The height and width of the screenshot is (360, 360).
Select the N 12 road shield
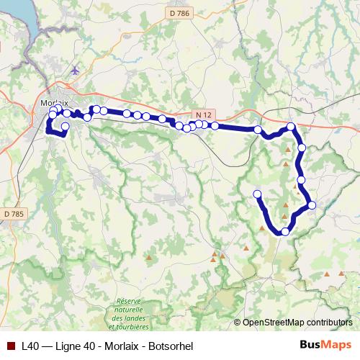(204, 115)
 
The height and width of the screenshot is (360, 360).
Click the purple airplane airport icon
(76, 70)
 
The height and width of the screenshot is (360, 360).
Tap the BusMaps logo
(325, 345)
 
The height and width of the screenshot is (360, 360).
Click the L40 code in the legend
(30, 346)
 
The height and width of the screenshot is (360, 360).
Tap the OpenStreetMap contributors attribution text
(297, 322)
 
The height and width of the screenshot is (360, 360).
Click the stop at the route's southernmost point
(285, 231)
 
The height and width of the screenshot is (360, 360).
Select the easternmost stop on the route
(312, 205)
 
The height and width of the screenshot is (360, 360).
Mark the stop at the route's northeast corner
(291, 127)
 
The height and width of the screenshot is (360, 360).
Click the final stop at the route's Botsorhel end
(257, 194)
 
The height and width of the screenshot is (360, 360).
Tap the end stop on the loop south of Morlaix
(65, 127)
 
